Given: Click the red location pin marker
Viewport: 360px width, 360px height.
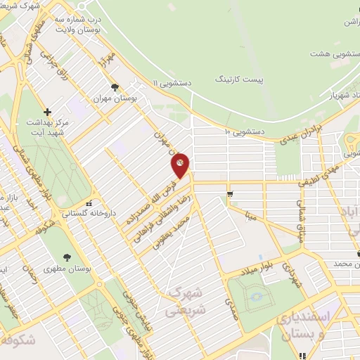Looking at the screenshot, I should pos(181,164).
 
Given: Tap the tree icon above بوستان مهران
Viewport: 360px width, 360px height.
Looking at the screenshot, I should pos(115,87).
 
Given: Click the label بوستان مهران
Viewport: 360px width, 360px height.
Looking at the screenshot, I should pos(115,99).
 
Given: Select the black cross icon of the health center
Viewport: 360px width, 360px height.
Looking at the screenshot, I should pos(47,112).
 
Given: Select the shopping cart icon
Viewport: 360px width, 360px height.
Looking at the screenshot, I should pos(229,194).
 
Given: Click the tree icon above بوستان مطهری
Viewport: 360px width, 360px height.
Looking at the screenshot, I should pos(67,258).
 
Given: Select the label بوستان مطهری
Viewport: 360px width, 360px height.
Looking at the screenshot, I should pos(65,269).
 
